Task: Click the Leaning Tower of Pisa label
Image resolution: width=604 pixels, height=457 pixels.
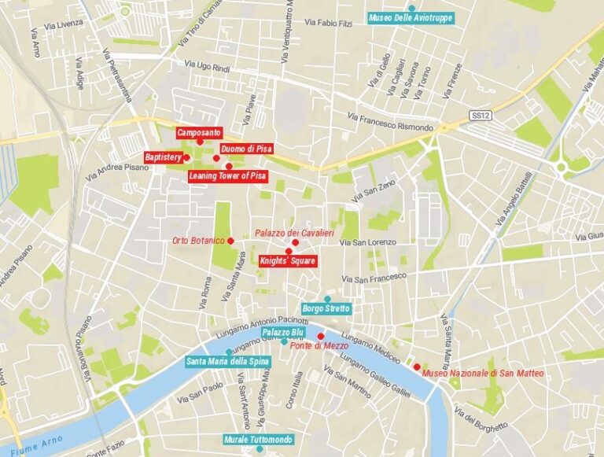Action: pyautogui.click(x=228, y=176)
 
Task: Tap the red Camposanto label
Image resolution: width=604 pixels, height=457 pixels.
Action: pyautogui.click(x=199, y=133)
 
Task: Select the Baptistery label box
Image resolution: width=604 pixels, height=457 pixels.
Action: pyautogui.click(x=163, y=157)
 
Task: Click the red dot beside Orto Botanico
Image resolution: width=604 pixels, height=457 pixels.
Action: pyautogui.click(x=231, y=240)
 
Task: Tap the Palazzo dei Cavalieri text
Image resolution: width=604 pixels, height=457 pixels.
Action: pyautogui.click(x=295, y=233)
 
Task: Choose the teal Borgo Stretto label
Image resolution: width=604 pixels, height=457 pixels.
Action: pyautogui.click(x=326, y=309)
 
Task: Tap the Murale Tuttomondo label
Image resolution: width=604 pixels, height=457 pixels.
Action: pyautogui.click(x=258, y=439)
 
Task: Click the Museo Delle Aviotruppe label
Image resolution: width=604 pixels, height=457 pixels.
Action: pyautogui.click(x=411, y=17)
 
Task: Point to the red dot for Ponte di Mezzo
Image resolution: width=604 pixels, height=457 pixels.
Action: pyautogui.click(x=320, y=336)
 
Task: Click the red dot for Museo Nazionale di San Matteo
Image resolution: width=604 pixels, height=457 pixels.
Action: pyautogui.click(x=417, y=367)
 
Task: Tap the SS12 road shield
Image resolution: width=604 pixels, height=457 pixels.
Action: pyautogui.click(x=480, y=116)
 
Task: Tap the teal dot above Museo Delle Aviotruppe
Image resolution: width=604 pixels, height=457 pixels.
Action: pyautogui.click(x=411, y=7)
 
